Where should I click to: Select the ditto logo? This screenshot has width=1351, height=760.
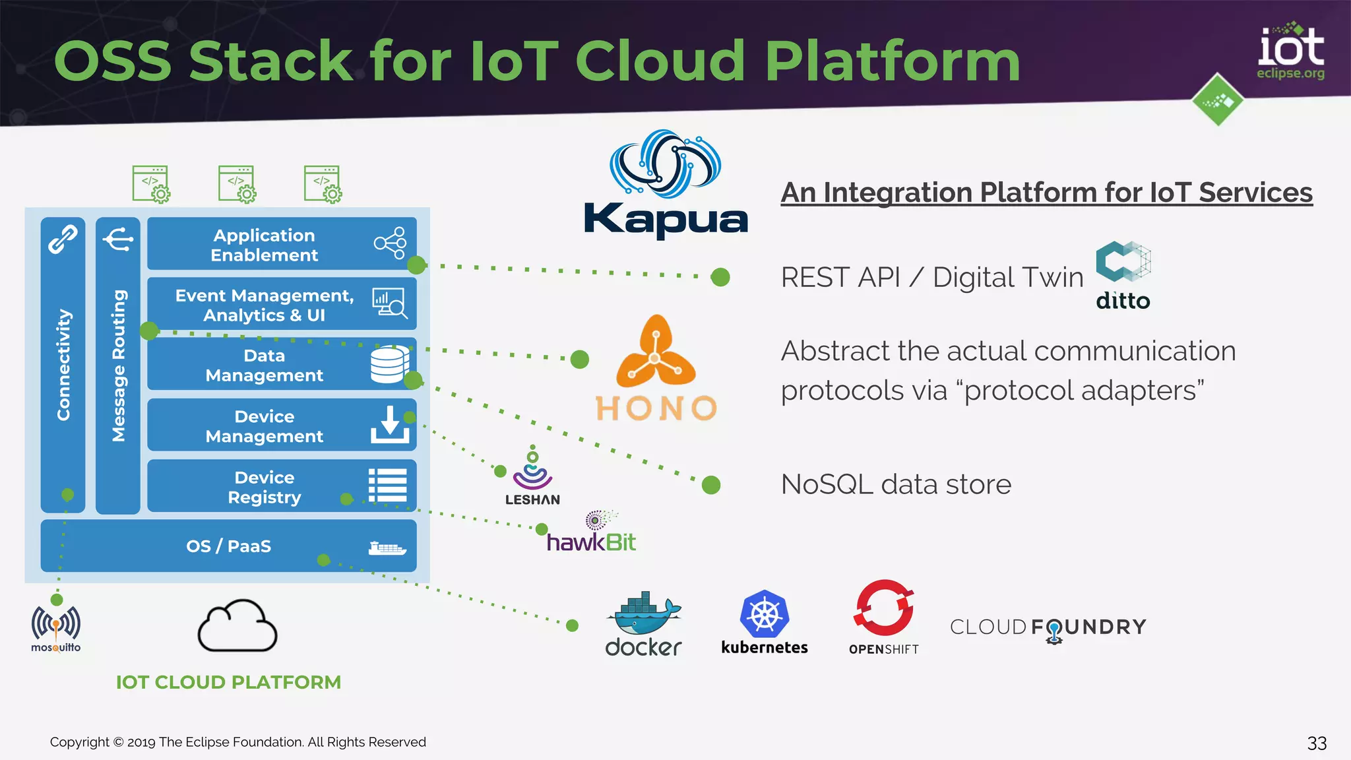coord(1123,276)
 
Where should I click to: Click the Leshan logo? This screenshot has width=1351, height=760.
coord(532,476)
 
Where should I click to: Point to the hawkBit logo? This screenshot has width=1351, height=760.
coord(591,533)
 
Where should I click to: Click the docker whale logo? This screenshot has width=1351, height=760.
coord(643,624)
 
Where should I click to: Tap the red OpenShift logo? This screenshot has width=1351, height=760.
coord(884,616)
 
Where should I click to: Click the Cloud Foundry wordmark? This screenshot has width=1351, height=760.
coord(1048,627)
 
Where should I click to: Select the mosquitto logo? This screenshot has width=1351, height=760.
coord(56,629)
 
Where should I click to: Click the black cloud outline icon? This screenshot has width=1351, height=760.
coord(237,626)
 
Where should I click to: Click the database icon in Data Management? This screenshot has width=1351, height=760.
coord(389,364)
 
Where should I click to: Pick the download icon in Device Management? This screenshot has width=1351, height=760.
coord(390,425)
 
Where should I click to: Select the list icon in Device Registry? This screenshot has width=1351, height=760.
coord(388,486)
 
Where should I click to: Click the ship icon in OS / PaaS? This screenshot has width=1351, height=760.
coord(387,548)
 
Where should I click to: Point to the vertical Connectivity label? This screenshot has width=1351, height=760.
coord(63,364)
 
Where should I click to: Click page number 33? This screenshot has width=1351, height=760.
coord(1316,744)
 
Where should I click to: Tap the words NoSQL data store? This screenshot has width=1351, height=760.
coord(895,485)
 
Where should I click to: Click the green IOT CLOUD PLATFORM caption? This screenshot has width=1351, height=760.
coord(228,682)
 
